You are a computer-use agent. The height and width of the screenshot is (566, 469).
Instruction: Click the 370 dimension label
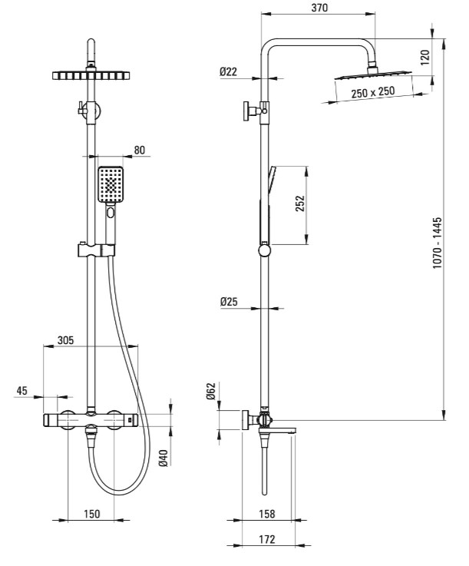[x=319, y=8]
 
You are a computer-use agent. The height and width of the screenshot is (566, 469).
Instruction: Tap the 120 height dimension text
[x=425, y=58]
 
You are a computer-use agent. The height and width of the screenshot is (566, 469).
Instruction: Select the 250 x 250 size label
[x=373, y=92]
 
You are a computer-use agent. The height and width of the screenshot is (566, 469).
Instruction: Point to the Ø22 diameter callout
[x=229, y=71]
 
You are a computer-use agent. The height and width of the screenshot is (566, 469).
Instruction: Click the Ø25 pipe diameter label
[x=229, y=301]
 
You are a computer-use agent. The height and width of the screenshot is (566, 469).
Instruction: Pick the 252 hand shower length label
[x=300, y=204]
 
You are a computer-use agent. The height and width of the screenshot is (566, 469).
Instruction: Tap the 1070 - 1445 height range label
[x=437, y=243]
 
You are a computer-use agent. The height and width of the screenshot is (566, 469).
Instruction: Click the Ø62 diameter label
[x=210, y=392]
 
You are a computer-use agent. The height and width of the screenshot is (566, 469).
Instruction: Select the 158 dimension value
[x=267, y=513]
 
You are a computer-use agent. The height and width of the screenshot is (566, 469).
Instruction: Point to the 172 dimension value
[x=267, y=539]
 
